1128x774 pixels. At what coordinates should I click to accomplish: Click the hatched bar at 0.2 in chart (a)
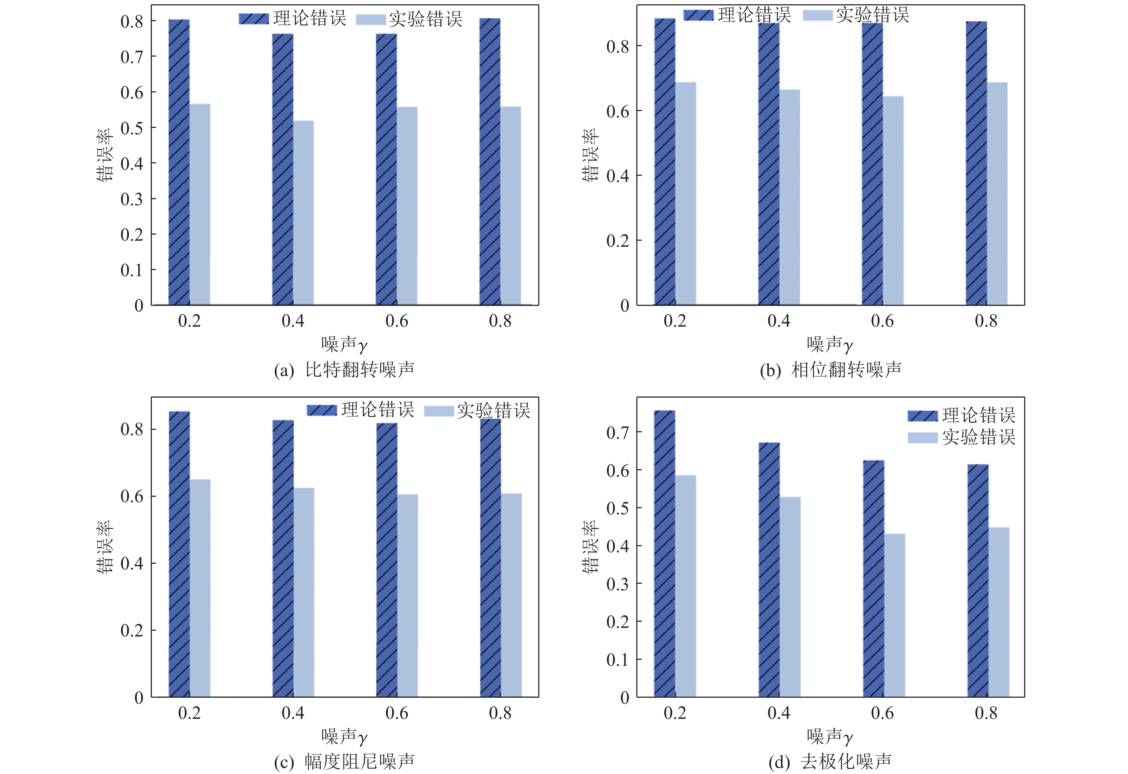(x=179, y=162)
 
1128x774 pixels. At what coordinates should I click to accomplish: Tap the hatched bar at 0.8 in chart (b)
(x=976, y=163)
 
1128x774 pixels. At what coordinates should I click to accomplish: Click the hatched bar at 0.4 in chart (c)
(x=283, y=558)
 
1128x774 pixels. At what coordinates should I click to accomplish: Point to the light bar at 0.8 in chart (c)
(x=511, y=595)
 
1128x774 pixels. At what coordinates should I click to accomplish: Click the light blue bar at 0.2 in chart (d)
(x=685, y=586)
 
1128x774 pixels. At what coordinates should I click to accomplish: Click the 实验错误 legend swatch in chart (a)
(x=371, y=19)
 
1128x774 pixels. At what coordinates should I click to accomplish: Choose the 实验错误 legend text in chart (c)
(x=493, y=411)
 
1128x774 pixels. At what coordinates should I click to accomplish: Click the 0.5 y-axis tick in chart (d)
(x=618, y=508)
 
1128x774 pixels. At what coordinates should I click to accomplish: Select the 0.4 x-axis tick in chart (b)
(x=778, y=321)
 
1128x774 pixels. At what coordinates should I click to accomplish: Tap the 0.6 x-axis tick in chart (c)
(x=396, y=713)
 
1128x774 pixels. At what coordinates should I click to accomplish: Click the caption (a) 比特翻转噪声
(x=344, y=370)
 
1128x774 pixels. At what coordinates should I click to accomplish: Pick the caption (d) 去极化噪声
(x=830, y=762)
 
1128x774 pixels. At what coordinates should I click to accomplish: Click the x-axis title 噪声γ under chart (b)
(x=830, y=345)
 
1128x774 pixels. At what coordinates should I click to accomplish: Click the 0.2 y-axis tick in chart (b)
(x=618, y=240)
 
